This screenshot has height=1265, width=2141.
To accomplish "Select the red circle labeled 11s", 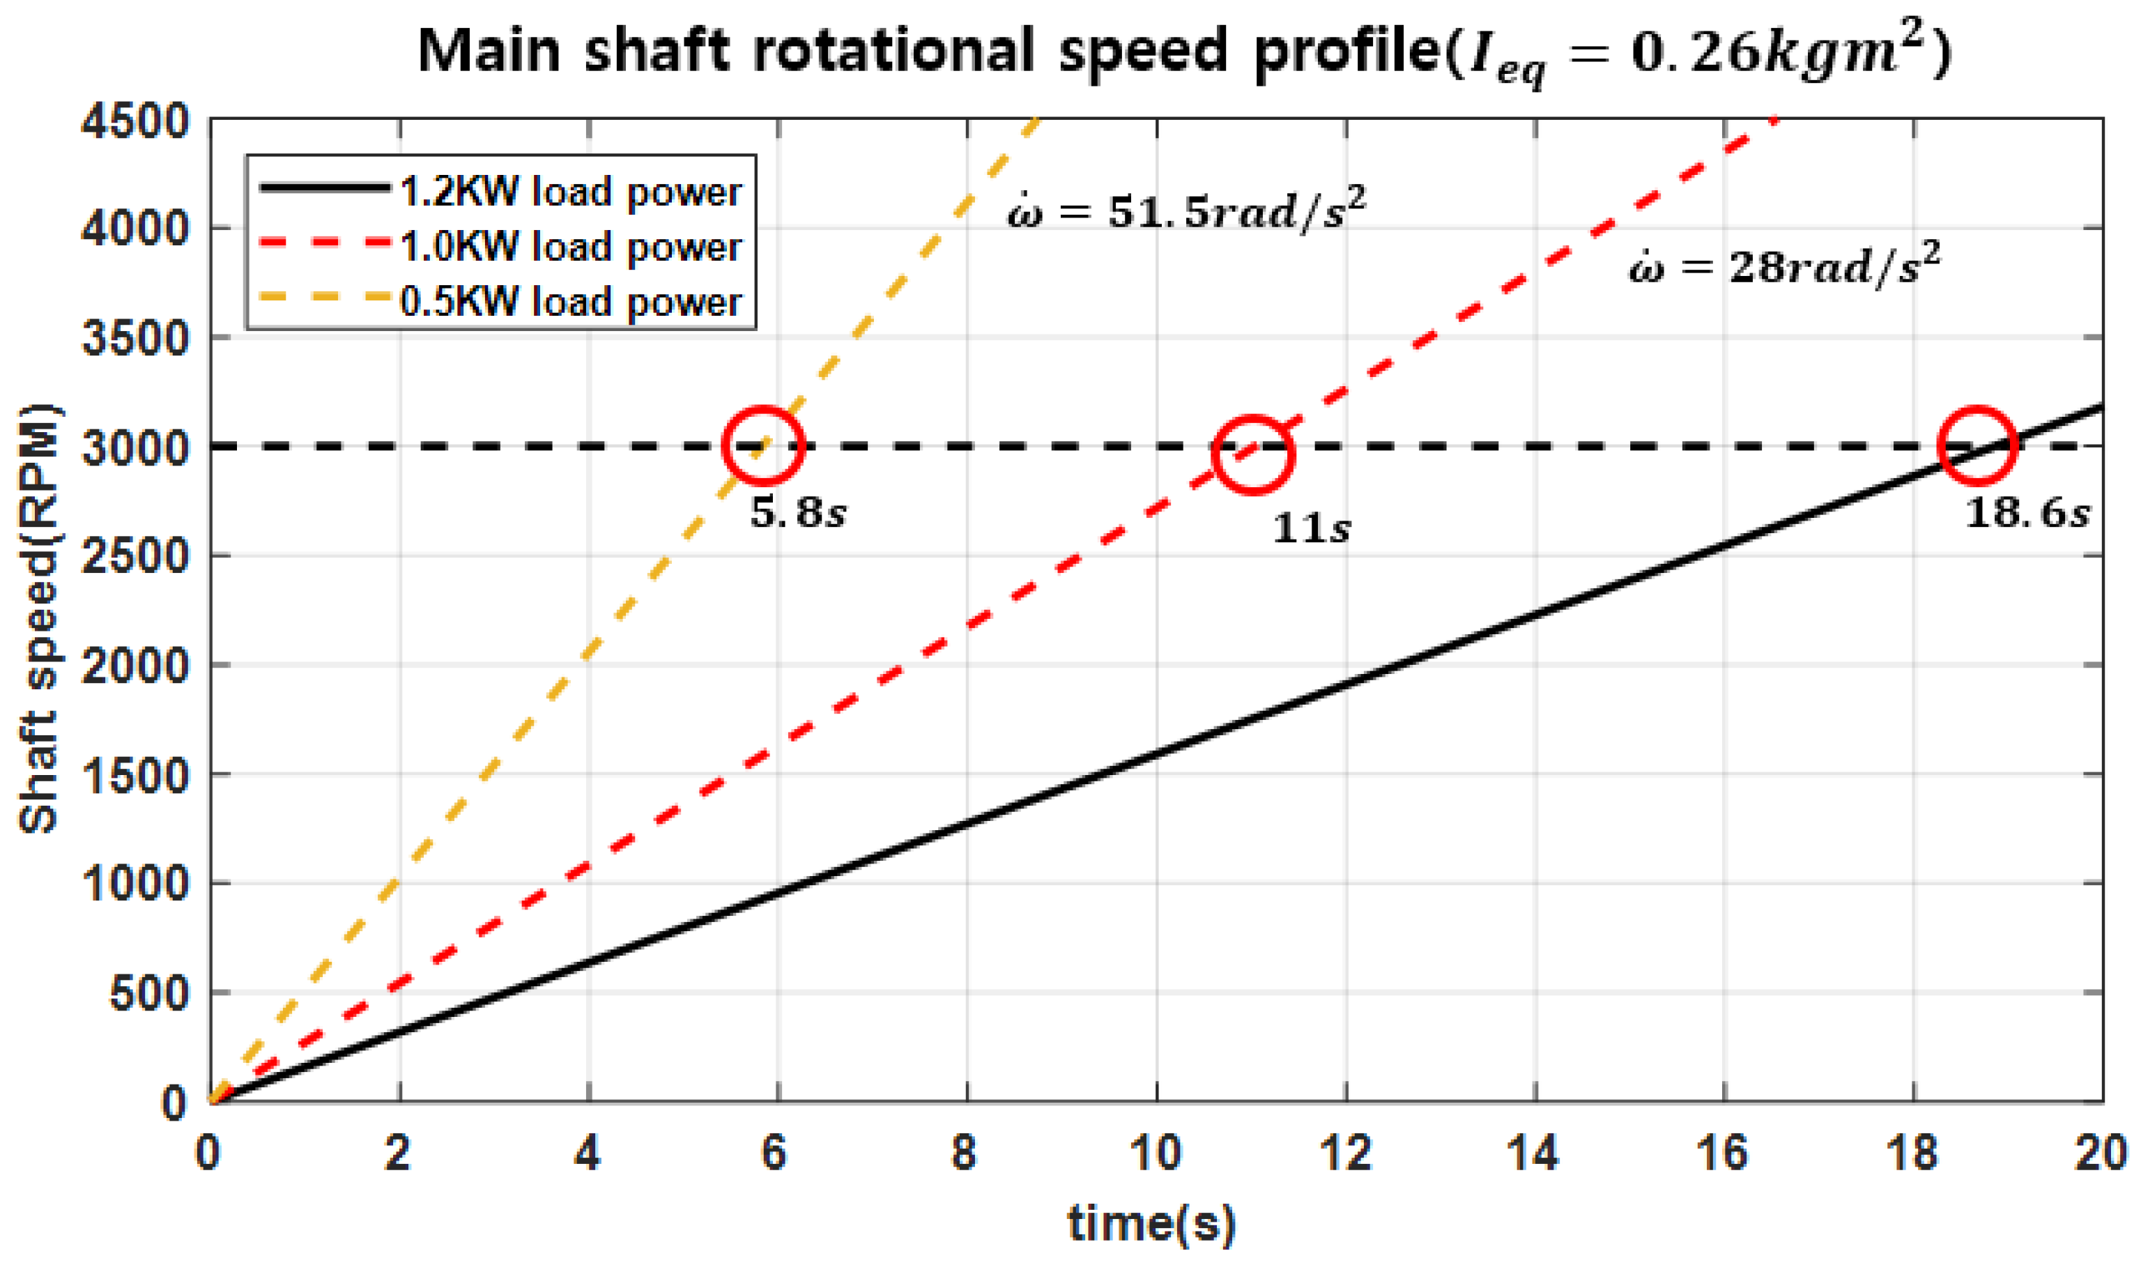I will [1252, 455].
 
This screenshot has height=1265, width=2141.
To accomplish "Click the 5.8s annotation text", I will [798, 513].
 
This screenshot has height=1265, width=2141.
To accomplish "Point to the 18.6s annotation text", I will [2027, 513].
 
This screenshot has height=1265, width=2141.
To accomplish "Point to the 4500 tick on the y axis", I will [135, 121].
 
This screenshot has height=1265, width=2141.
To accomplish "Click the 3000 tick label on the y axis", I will [135, 447].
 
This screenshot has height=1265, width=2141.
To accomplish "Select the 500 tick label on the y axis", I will [149, 993].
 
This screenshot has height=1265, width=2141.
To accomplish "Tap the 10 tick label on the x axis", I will [1156, 1154].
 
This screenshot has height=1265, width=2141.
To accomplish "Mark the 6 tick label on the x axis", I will [774, 1154].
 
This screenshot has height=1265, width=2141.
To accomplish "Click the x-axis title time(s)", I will [1152, 1224].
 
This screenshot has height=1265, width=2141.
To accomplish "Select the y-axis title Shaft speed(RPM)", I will [39, 618].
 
